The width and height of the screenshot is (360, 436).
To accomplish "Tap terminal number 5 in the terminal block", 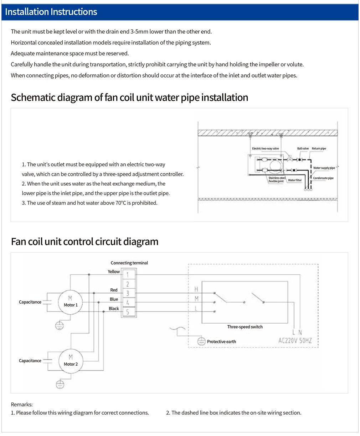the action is [128, 312].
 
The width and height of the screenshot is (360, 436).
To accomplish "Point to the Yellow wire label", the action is [114, 272].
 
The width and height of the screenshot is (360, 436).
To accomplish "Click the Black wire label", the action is [114, 308].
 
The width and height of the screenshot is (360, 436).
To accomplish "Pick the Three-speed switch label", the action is [245, 327].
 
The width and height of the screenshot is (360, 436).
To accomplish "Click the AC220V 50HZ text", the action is [295, 341].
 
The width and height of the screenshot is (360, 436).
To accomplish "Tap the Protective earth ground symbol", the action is [201, 341].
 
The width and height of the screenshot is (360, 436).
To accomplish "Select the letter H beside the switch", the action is [196, 289].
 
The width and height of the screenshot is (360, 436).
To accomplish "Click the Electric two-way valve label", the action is [265, 148].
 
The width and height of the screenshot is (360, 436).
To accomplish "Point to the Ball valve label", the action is [303, 148].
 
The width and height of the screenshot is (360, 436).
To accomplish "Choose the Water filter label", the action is [295, 180].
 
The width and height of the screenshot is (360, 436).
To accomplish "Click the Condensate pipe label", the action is [323, 178].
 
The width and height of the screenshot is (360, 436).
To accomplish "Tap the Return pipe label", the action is [319, 148].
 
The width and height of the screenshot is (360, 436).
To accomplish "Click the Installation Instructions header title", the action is [51, 12].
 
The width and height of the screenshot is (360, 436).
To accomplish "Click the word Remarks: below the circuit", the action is [22, 405].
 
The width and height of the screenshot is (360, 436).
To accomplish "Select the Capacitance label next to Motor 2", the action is [30, 361].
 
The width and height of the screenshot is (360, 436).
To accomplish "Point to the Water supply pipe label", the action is [324, 168].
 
